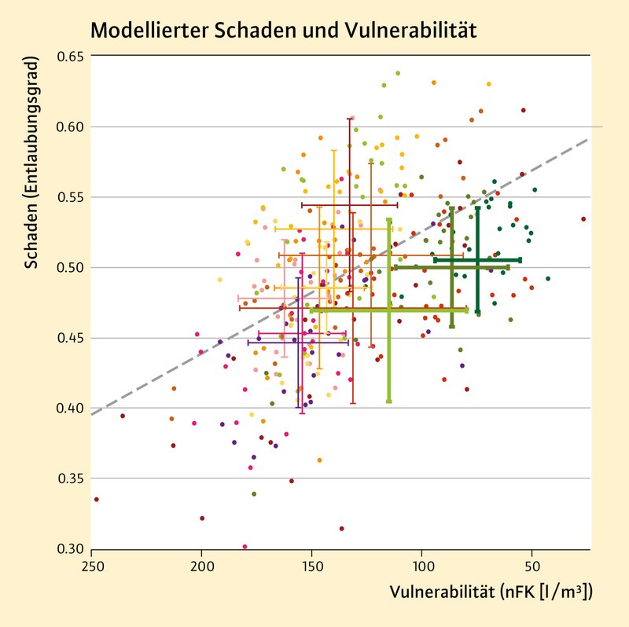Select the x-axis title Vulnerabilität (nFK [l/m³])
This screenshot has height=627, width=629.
pyautogui.click(x=491, y=592)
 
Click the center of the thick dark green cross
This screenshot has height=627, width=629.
pyautogui.click(x=478, y=260)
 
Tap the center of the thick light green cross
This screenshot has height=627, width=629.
pyautogui.click(x=389, y=310)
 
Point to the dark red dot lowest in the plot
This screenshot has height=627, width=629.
pyautogui.click(x=341, y=529)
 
